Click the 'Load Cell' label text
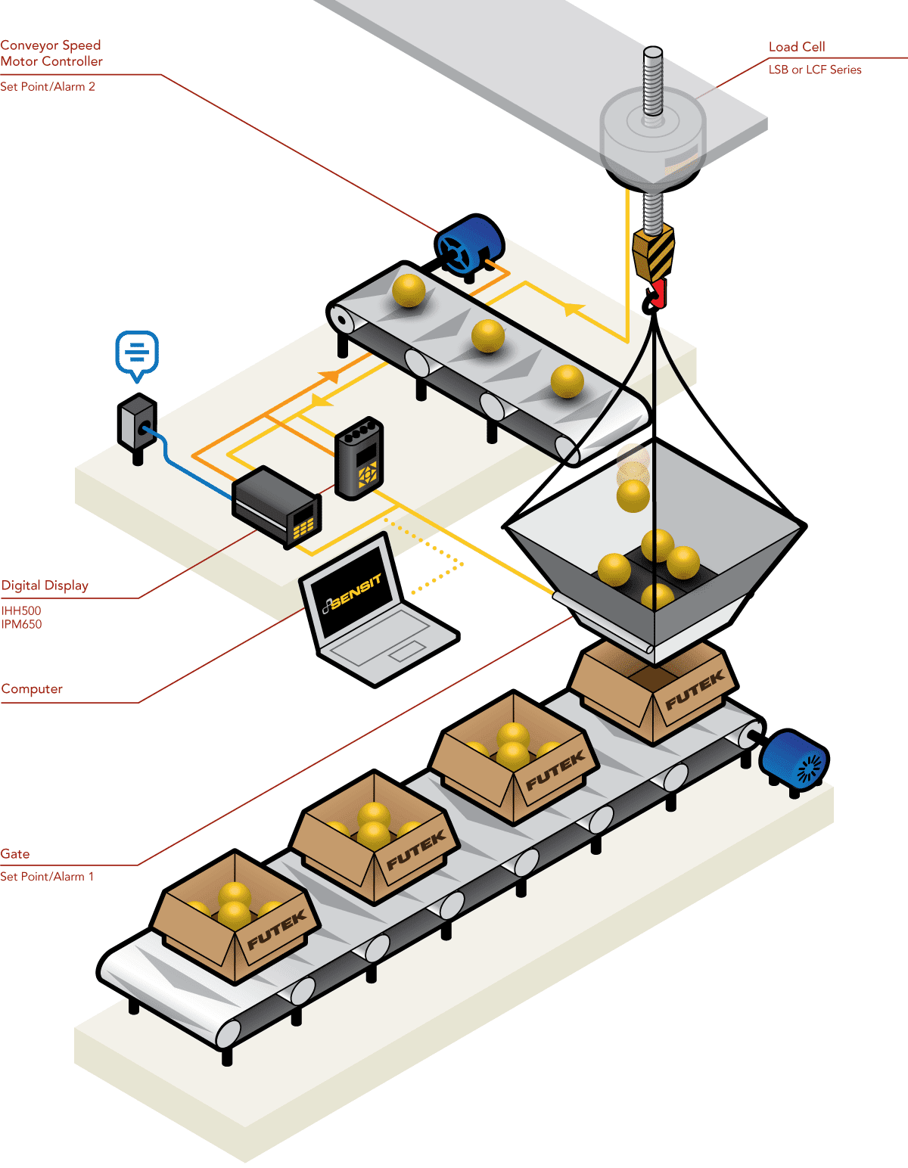coord(796,47)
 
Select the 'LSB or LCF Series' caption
coord(814,70)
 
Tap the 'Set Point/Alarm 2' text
coord(48,87)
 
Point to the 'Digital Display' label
coord(45,586)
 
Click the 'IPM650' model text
coord(21,625)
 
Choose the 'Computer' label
coord(32,689)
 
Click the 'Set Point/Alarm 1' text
coord(47,877)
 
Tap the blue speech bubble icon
coord(137,353)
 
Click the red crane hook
coord(655,295)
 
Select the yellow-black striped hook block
coord(654,253)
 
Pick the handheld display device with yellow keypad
coord(359,458)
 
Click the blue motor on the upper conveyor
coord(469,244)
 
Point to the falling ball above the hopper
coord(633,495)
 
